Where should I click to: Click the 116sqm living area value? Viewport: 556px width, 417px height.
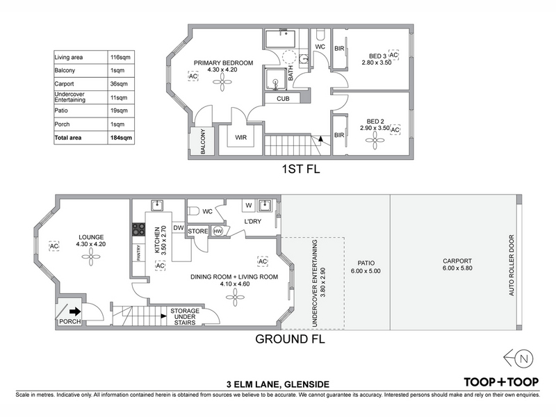click(120, 57)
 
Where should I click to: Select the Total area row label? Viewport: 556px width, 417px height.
click(67, 138)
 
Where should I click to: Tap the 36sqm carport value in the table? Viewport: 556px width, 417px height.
click(119, 84)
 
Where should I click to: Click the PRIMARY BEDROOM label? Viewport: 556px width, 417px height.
click(223, 63)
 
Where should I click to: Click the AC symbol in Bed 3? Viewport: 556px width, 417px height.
click(393, 55)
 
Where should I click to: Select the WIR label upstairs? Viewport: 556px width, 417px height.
click(240, 137)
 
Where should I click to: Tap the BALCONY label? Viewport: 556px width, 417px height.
click(203, 142)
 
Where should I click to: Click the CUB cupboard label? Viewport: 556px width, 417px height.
click(283, 99)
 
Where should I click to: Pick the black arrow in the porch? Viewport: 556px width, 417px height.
click(75, 311)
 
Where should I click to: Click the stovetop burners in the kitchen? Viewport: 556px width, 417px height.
click(138, 229)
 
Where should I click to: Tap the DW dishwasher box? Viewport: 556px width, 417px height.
click(179, 228)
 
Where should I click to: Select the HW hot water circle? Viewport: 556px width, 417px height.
click(218, 231)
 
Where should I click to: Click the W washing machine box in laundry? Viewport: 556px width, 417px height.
click(249, 205)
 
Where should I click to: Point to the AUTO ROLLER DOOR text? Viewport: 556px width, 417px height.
click(512, 265)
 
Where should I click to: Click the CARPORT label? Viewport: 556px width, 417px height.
click(457, 261)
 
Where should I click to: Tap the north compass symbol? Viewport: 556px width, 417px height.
click(518, 359)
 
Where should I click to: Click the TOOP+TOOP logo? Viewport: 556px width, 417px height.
click(501, 382)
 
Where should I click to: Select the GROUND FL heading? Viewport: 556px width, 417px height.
click(290, 339)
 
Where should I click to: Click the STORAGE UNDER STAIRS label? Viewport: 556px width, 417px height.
click(185, 317)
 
